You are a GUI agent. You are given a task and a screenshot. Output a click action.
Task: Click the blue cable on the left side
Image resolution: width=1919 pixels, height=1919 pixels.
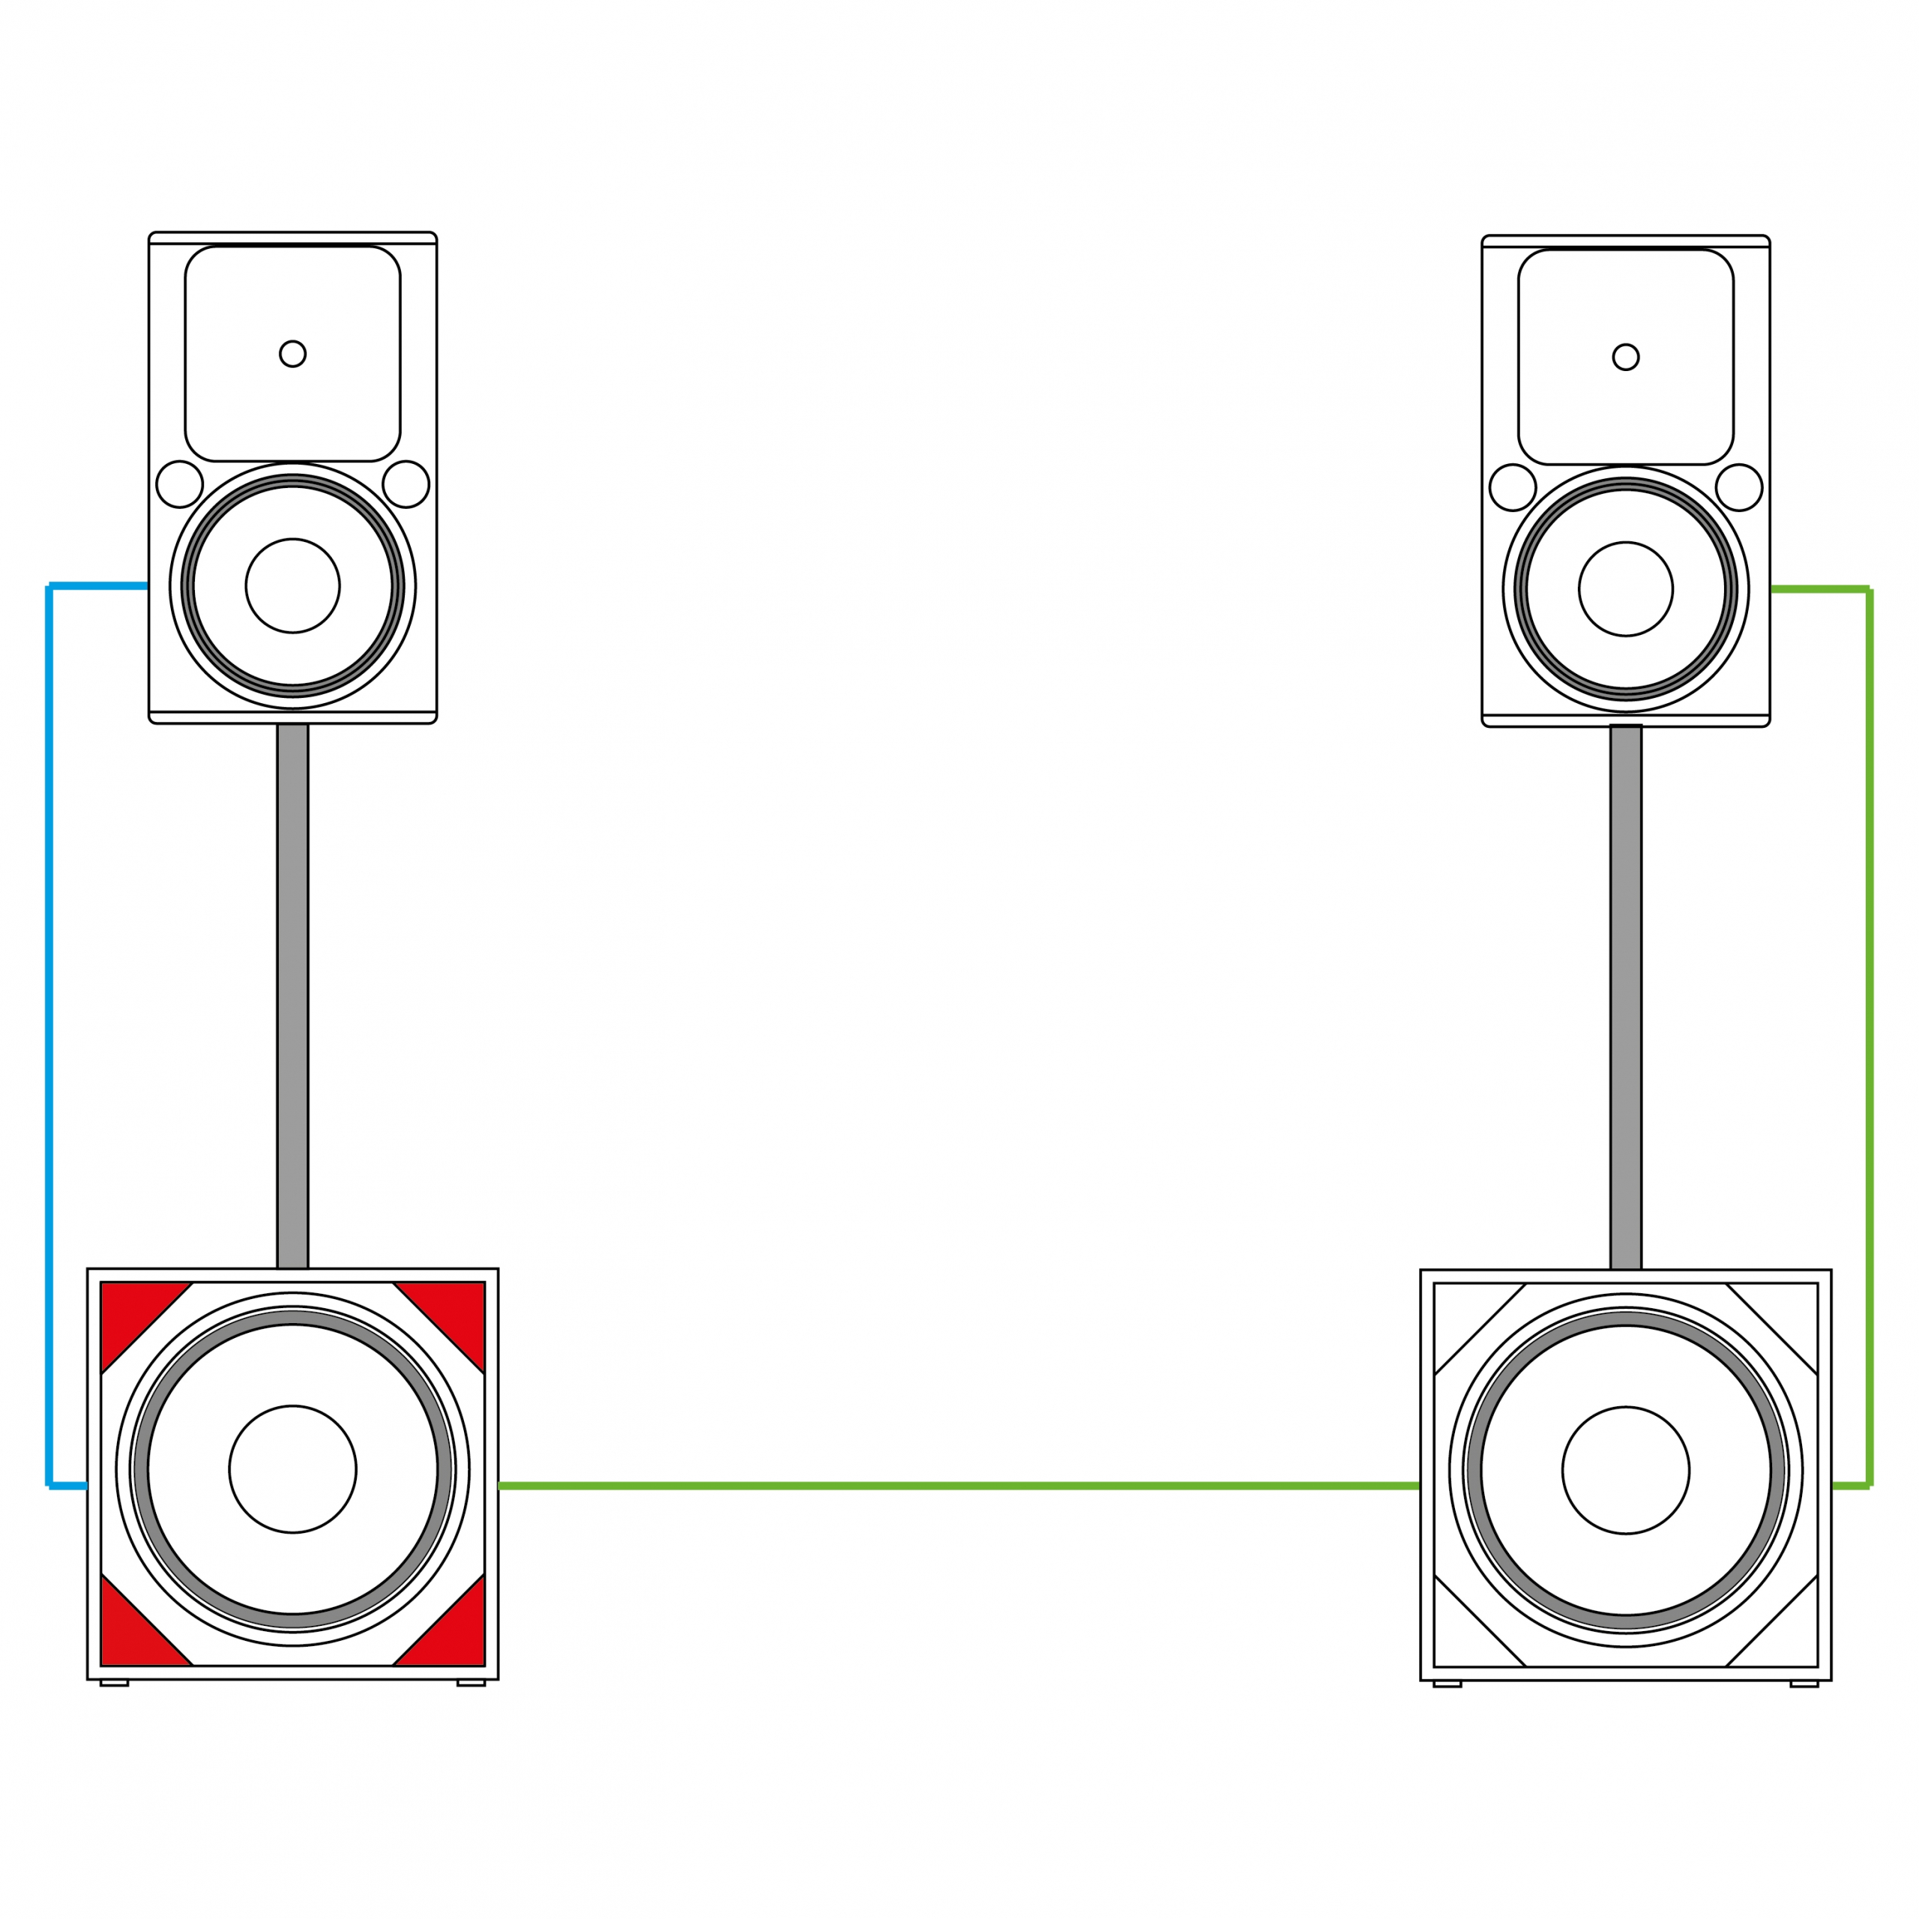[49, 1033]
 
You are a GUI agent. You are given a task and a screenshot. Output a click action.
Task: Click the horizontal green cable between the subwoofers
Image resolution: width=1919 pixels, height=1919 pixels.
[959, 1486]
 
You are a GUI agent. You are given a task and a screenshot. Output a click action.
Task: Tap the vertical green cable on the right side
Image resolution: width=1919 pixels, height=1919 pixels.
[1870, 1033]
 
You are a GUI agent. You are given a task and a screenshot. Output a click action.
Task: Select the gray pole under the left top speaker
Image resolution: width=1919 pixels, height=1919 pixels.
[292, 993]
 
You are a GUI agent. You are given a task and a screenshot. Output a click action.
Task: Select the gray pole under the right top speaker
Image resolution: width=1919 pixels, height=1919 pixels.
[1626, 993]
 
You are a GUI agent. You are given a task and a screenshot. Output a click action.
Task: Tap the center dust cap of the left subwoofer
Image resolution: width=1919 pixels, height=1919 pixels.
[292, 1469]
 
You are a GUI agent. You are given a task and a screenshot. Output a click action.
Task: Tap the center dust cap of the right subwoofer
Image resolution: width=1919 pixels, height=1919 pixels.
[1626, 1470]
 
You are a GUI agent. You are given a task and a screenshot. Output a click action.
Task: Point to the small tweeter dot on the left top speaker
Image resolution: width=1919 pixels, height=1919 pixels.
[292, 354]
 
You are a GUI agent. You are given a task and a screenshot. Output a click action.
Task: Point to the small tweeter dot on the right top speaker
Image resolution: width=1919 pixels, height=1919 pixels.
[1626, 357]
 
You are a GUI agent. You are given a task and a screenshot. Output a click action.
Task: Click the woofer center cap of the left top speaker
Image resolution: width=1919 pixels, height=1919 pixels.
[292, 586]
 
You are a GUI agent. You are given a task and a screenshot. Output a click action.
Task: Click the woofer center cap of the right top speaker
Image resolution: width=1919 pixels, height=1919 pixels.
[1626, 589]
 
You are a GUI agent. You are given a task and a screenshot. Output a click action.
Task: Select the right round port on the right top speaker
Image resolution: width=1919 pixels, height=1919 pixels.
[1739, 488]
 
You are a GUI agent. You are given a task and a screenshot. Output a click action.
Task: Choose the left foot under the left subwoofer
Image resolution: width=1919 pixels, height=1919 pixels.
[114, 1683]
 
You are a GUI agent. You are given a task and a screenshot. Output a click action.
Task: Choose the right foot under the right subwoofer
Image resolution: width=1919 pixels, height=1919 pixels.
[1804, 1684]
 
